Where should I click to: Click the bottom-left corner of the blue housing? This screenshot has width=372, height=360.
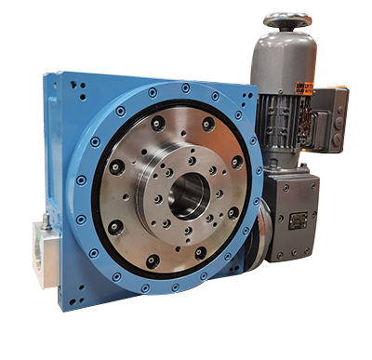[58, 307]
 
